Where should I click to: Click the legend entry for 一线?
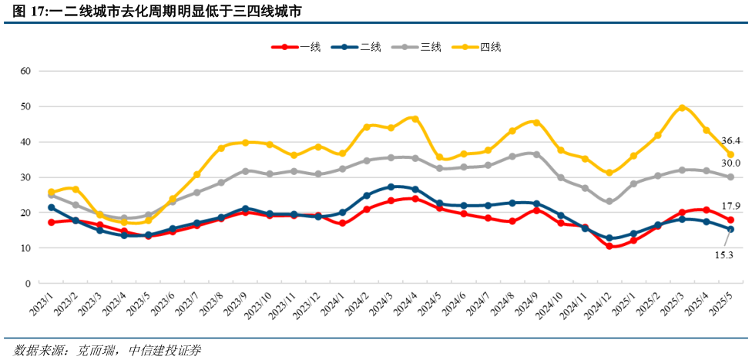coord(297,47)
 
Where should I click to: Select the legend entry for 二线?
coord(357,47)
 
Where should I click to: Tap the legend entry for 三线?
coord(417,47)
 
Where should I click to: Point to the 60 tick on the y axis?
coord(25,71)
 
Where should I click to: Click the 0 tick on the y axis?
coord(28,284)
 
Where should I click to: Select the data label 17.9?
coord(733,206)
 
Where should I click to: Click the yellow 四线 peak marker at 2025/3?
coord(682,108)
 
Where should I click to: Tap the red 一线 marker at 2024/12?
coord(609,246)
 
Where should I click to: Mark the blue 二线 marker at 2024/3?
coord(391,187)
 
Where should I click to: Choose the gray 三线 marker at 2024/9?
coord(536,154)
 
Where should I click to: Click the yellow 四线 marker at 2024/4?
coord(415,119)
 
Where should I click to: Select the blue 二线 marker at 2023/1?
coord(52,207)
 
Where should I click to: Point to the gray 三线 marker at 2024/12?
coord(609,201)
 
